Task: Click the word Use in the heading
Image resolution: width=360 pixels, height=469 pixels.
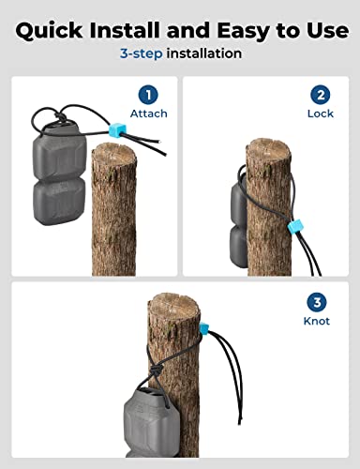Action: click(x=322, y=30)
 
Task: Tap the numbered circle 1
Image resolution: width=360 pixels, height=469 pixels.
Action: click(x=148, y=94)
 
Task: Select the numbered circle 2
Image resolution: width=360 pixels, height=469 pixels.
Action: click(x=321, y=94)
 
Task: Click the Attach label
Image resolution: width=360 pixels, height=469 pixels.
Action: click(x=149, y=113)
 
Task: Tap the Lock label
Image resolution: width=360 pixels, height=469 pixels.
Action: click(x=321, y=113)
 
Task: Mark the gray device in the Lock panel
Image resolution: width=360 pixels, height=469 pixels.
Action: click(x=238, y=220)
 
